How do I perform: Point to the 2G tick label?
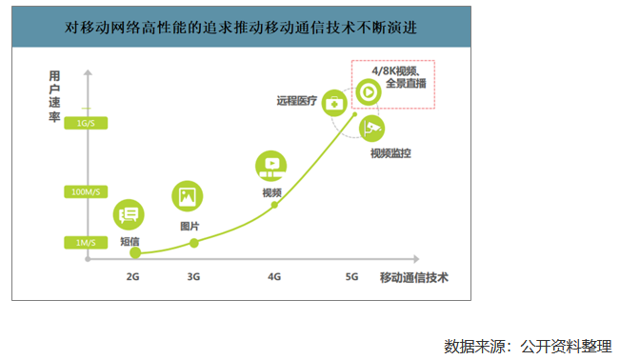(134, 277)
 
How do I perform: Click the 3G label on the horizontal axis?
(194, 277)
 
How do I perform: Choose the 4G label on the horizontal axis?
(274, 277)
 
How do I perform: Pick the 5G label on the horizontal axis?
(351, 277)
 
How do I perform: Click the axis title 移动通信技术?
(413, 277)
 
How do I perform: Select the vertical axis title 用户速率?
(56, 94)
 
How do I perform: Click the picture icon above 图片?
(187, 197)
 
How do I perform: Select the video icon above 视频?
(271, 165)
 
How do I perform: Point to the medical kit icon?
(334, 101)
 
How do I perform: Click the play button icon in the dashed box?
(369, 92)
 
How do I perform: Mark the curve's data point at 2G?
(135, 253)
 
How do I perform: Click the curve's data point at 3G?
(194, 243)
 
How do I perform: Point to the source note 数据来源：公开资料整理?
(527, 345)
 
